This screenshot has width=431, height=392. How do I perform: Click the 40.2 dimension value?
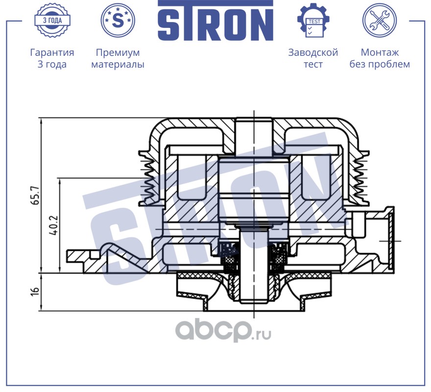pyautogui.click(x=54, y=225)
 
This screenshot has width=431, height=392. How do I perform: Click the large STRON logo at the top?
pyautogui.click(x=215, y=21)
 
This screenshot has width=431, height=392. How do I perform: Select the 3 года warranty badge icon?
pyautogui.click(x=52, y=20)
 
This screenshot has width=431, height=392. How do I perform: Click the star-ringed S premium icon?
pyautogui.click(x=118, y=20)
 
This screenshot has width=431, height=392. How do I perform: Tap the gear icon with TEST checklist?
pyautogui.click(x=313, y=20)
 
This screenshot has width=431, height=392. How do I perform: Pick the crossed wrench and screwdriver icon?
pyautogui.click(x=379, y=20)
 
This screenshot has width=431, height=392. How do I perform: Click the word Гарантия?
pyautogui.click(x=52, y=52)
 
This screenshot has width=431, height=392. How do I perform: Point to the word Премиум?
pyautogui.click(x=118, y=52)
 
